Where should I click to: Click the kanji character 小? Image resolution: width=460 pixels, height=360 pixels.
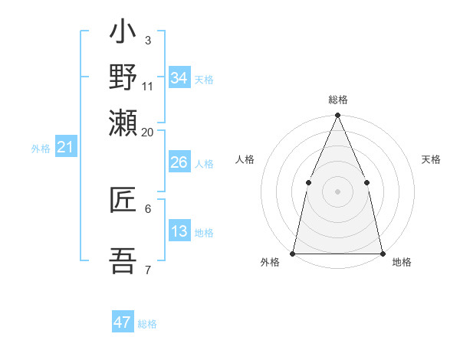pyautogui.click(x=123, y=35)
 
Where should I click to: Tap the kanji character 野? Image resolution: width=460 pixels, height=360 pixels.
pyautogui.click(x=123, y=78)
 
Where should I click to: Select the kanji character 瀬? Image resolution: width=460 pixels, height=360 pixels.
pyautogui.click(x=123, y=123)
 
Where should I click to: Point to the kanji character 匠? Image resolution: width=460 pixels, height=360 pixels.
pyautogui.click(x=123, y=201)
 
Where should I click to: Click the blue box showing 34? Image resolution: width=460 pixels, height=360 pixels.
pyautogui.click(x=179, y=77)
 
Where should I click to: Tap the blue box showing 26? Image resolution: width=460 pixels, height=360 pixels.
pyautogui.click(x=179, y=162)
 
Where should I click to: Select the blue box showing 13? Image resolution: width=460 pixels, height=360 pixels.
pyautogui.click(x=179, y=231)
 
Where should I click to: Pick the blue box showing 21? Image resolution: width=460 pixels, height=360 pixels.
pyautogui.click(x=65, y=147)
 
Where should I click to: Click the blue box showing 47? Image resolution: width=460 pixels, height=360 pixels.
pyautogui.click(x=123, y=322)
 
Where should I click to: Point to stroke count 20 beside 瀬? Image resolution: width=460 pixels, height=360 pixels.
pyautogui.click(x=147, y=133)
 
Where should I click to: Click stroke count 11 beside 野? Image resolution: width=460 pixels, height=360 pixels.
pyautogui.click(x=148, y=85)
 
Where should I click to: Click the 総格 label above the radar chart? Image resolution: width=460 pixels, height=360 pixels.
pyautogui.click(x=337, y=100)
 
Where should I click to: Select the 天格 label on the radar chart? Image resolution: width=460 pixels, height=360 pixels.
pyautogui.click(x=431, y=159)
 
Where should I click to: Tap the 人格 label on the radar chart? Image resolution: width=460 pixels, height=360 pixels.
pyautogui.click(x=245, y=159)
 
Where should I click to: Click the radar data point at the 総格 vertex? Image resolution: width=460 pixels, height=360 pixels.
pyautogui.click(x=337, y=116)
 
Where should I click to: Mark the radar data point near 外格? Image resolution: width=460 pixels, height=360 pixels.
pyautogui.click(x=293, y=253)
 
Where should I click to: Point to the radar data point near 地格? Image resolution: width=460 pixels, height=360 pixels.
pyautogui.click(x=382, y=253)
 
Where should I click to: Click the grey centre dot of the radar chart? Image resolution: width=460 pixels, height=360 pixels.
pyautogui.click(x=337, y=191)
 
